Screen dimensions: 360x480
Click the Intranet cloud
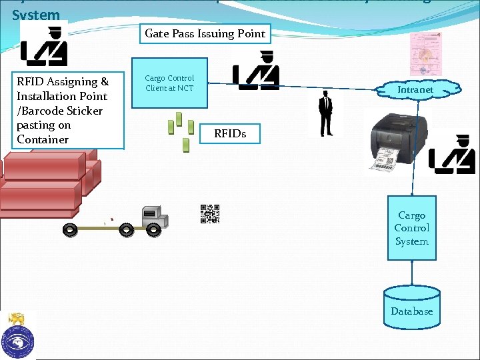[415, 89]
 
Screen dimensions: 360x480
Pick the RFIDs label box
[229, 133]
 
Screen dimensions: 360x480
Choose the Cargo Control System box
[411, 228]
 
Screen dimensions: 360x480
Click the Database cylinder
[411, 306]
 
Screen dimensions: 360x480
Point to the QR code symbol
[210, 214]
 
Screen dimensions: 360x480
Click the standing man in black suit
[325, 114]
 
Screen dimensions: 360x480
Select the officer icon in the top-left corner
[43, 46]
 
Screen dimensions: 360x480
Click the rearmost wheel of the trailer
[69, 230]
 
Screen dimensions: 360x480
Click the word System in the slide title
[36, 14]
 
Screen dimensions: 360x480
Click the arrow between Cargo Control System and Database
[412, 272]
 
